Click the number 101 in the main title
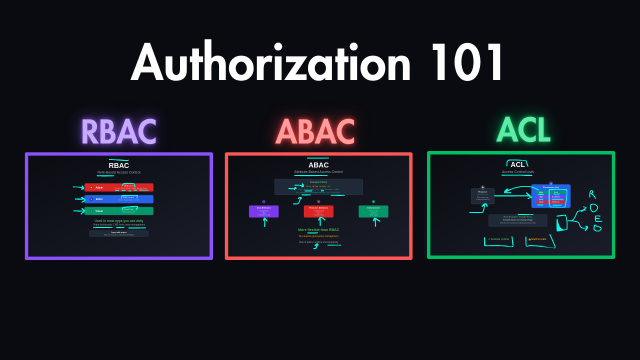pyautogui.click(x=467, y=63)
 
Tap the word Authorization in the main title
pyautogui.click(x=270, y=63)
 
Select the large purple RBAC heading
pyautogui.click(x=118, y=132)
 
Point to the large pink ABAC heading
pyautogui.click(x=315, y=132)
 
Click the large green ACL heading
pyautogui.click(x=523, y=130)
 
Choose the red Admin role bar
pyautogui.click(x=118, y=187)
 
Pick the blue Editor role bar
pyautogui.click(x=118, y=199)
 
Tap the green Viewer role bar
pyautogui.click(x=118, y=211)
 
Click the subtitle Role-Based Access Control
pyautogui.click(x=119, y=172)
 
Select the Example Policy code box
pyautogui.click(x=318, y=187)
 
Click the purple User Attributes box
pyautogui.click(x=263, y=211)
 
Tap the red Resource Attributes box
pyautogui.click(x=318, y=211)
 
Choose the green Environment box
pyautogui.click(x=373, y=211)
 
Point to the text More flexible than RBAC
pyautogui.click(x=318, y=230)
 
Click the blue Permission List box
pyautogui.click(x=550, y=196)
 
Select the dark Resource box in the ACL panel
pyautogui.click(x=482, y=196)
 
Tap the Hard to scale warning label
pyautogui.click(x=537, y=239)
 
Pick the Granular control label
pyautogui.click(x=498, y=239)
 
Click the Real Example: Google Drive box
pyautogui.click(x=517, y=220)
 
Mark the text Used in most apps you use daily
pyautogui.click(x=119, y=220)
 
